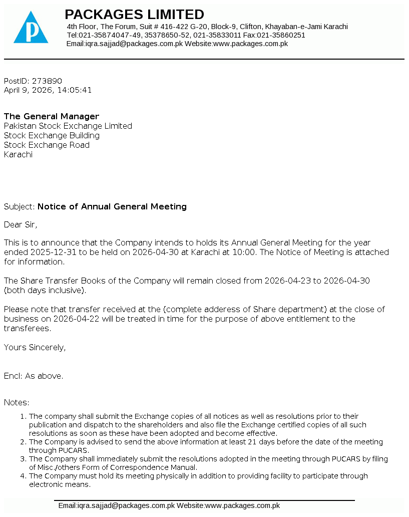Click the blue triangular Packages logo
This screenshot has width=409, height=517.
[x=31, y=29]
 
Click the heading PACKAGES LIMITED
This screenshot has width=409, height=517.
[x=134, y=14]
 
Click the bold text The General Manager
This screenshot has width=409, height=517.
[x=52, y=116]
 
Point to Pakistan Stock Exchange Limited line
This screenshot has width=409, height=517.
[x=68, y=126]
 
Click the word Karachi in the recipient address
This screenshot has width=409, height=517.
[x=18, y=154]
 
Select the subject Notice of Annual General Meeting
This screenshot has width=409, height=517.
[x=112, y=206]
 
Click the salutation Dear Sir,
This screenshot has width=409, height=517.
[x=21, y=224]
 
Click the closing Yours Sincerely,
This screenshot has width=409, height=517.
[x=35, y=347]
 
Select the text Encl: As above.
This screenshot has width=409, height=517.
[x=34, y=376]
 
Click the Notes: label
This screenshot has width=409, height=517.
[x=17, y=402]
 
